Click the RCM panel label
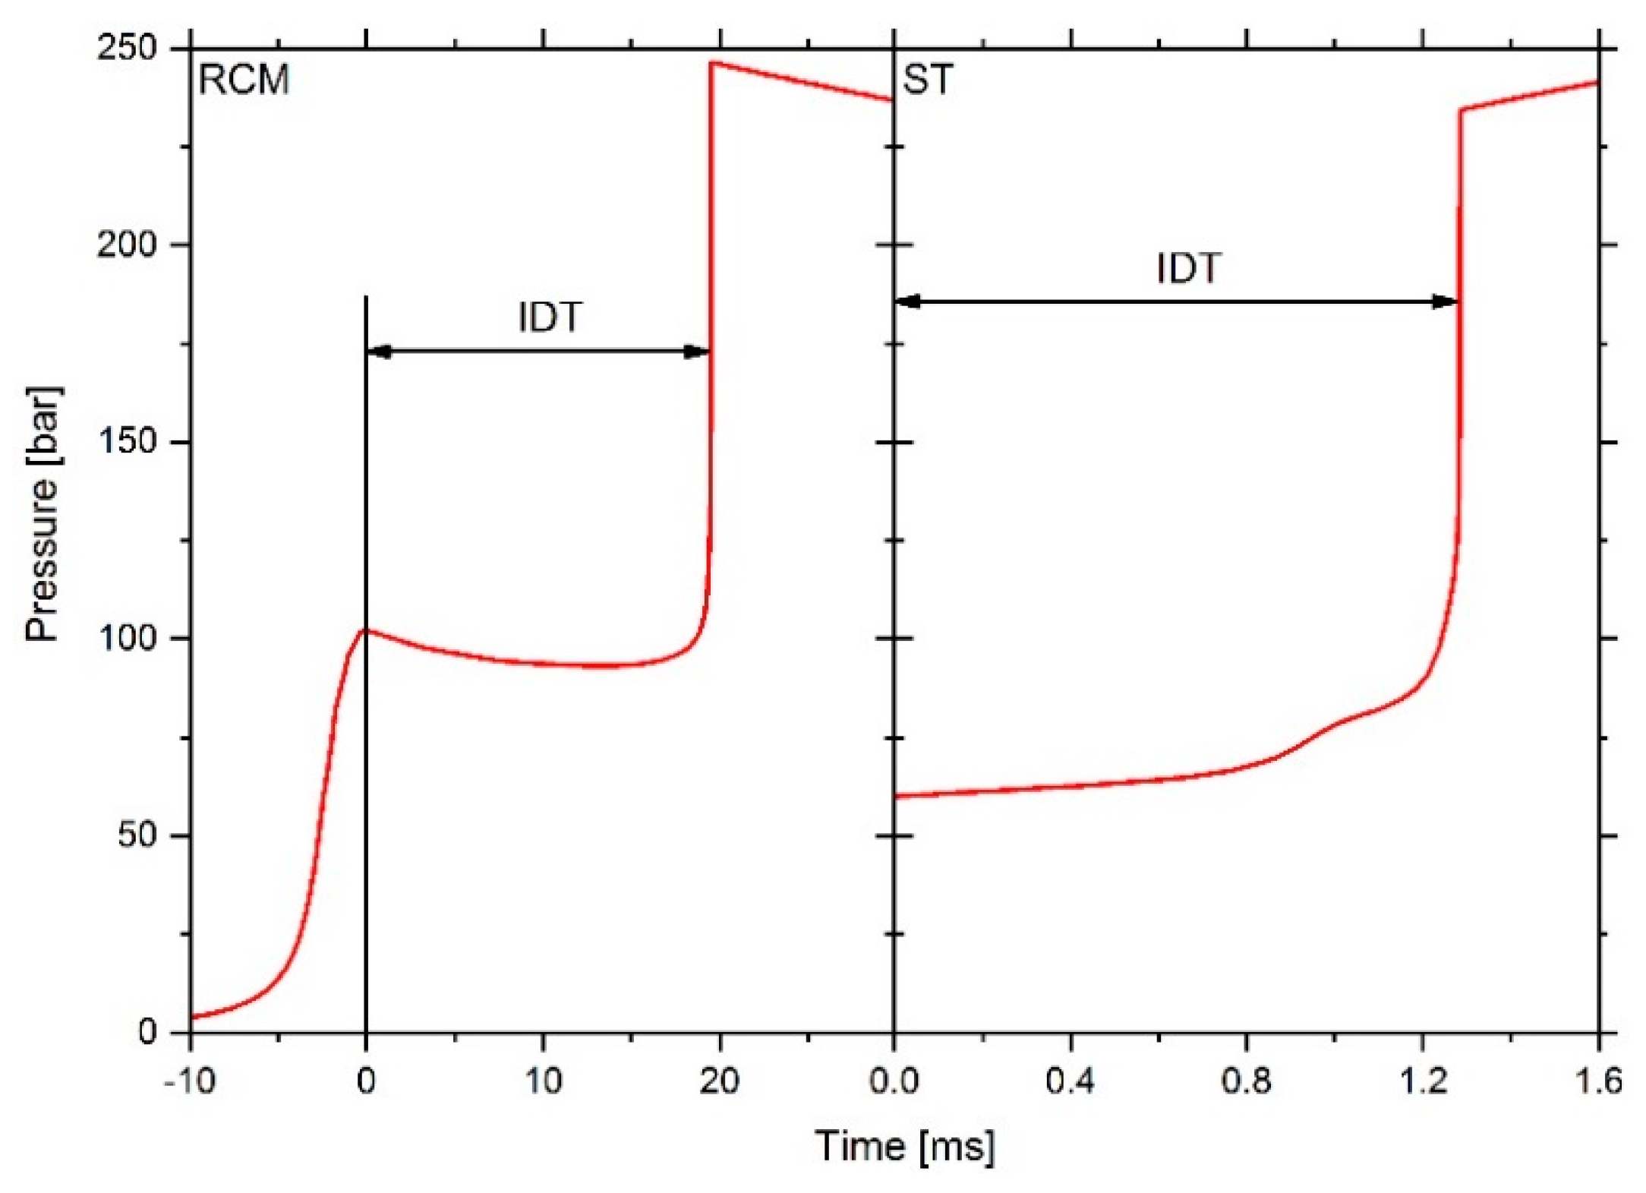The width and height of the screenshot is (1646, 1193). [244, 80]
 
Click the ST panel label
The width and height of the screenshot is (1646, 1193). [927, 80]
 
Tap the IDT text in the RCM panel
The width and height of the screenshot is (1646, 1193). [550, 317]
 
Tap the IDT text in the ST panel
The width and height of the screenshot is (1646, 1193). [1188, 268]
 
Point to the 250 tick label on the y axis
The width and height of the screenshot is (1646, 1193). [126, 49]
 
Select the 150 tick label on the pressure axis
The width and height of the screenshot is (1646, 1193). [126, 442]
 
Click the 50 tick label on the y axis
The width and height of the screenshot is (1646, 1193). [137, 835]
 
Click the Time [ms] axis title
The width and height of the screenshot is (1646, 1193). [905, 1147]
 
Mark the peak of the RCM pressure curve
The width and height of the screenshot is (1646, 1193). [711, 63]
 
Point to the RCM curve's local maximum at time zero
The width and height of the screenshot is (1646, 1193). [366, 630]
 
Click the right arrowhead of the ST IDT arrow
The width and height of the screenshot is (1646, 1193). [1445, 301]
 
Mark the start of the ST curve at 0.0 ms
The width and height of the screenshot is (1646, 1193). [896, 796]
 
